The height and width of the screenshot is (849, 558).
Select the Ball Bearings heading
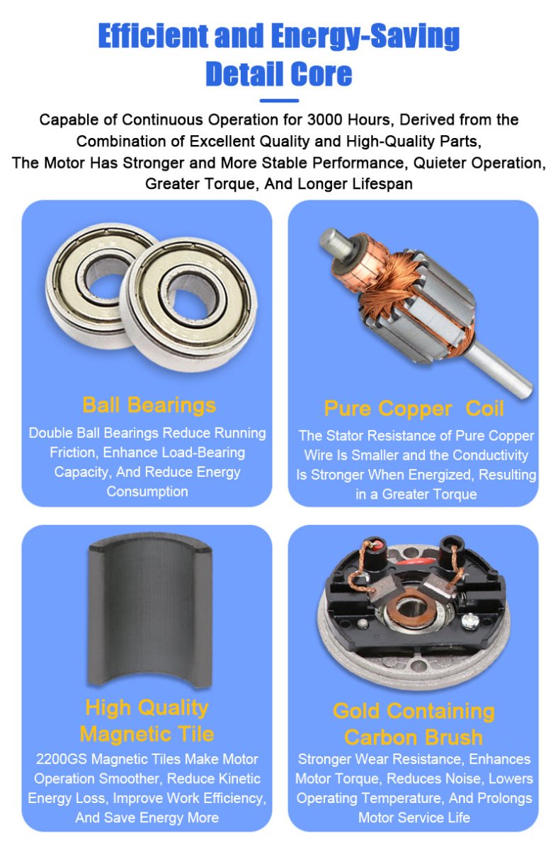pos(149,405)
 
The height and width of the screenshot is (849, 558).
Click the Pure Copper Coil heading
pos(414,408)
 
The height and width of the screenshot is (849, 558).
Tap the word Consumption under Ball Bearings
pos(147,491)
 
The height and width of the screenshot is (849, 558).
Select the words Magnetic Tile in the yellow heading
pos(147,733)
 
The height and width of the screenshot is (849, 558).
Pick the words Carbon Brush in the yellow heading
pos(414,737)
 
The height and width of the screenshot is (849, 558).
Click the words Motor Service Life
pos(414,818)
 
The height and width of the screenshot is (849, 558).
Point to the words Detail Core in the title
pos(278,74)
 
